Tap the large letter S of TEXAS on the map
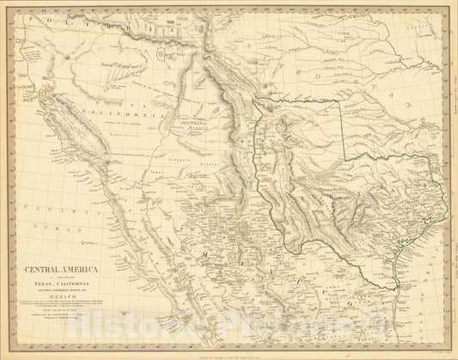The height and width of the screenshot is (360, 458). coord(423,186)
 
